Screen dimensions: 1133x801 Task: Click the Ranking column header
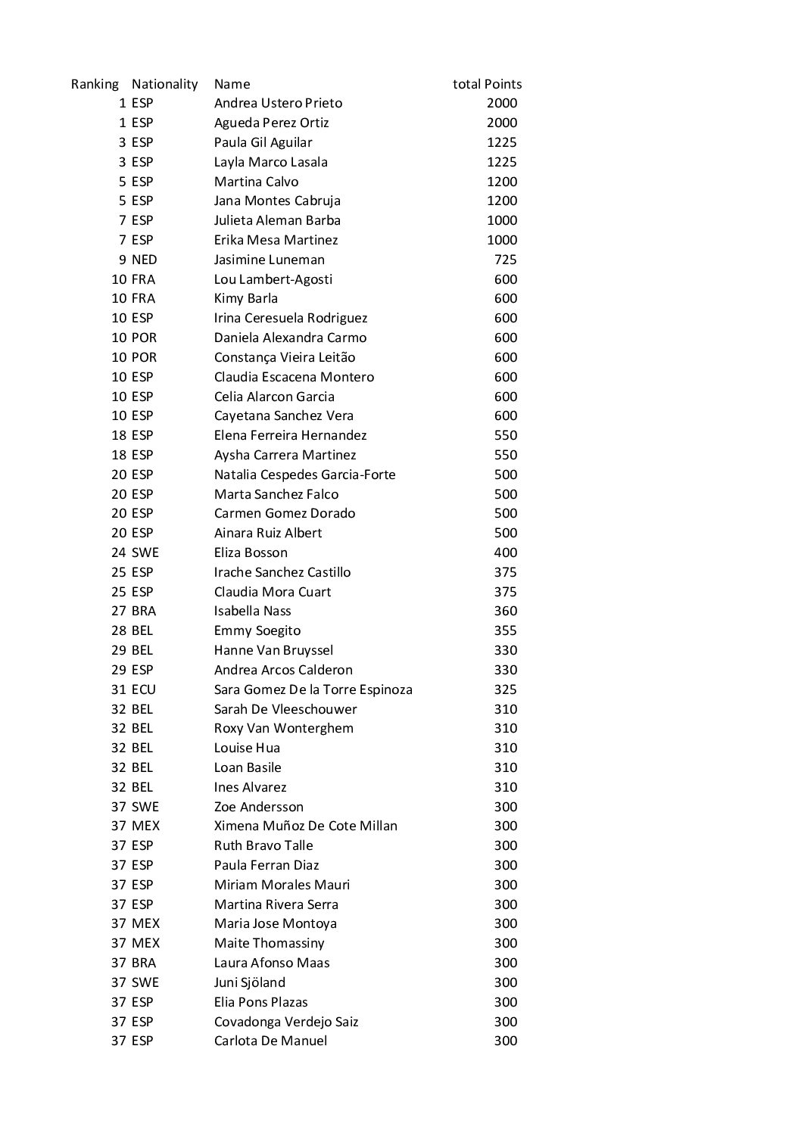pos(95,84)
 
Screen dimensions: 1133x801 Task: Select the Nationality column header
pos(164,84)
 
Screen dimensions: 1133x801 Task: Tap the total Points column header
pos(487,84)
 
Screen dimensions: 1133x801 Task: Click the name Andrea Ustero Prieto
pos(278,103)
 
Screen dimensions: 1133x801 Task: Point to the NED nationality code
pos(144,260)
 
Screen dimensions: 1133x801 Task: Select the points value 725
pos(505,260)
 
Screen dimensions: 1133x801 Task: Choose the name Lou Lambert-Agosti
pos(273,279)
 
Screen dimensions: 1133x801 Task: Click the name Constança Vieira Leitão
pos(285,357)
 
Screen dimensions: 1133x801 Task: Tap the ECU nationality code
pos(143,689)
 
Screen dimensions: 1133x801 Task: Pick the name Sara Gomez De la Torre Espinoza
pos(313,689)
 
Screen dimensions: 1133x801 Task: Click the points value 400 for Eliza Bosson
pos(505,552)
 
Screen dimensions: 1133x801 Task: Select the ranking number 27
pos(118,611)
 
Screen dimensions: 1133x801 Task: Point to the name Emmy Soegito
pos(257,630)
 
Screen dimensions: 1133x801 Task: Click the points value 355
pos(505,630)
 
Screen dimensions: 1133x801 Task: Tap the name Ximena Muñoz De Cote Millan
pos(305,826)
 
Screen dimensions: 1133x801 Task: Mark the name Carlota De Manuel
pos(270,1041)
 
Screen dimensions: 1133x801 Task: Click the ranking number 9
pos(122,260)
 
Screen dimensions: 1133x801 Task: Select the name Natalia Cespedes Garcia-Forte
pos(304,475)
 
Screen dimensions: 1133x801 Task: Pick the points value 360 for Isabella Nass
pos(505,611)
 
